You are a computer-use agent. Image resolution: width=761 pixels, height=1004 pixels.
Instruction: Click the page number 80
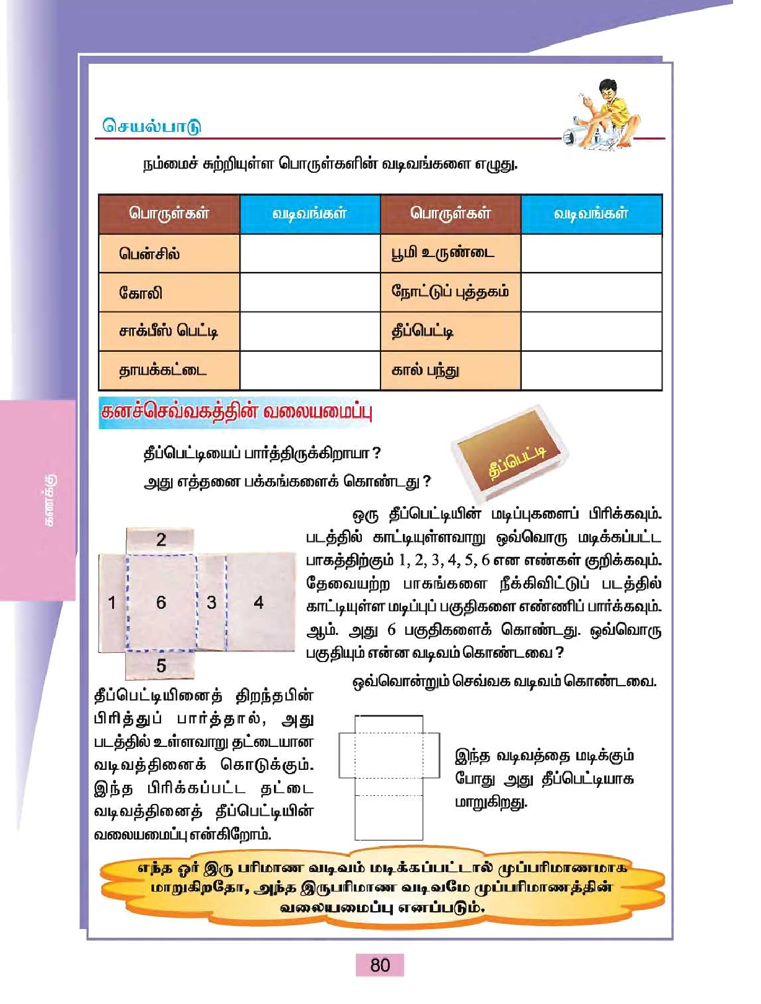point(380,965)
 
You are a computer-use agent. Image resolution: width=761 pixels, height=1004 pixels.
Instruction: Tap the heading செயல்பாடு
point(152,126)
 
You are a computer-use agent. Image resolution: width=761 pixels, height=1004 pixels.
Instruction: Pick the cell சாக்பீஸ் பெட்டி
point(169,331)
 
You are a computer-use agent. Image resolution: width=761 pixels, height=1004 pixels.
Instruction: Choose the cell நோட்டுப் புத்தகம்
point(450,292)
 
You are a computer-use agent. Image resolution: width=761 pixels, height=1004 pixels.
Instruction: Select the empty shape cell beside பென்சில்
point(310,253)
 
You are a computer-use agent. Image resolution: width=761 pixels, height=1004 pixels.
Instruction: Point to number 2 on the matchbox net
point(161,539)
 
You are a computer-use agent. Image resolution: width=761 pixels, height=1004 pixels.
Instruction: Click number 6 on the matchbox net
point(161,602)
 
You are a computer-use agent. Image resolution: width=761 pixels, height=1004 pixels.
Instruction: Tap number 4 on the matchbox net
point(258,602)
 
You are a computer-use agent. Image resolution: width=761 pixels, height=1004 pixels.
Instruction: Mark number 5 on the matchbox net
point(161,666)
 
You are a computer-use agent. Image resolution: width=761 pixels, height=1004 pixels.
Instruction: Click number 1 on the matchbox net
point(112,602)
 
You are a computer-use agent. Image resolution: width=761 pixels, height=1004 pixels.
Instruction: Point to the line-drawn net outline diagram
point(389,777)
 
